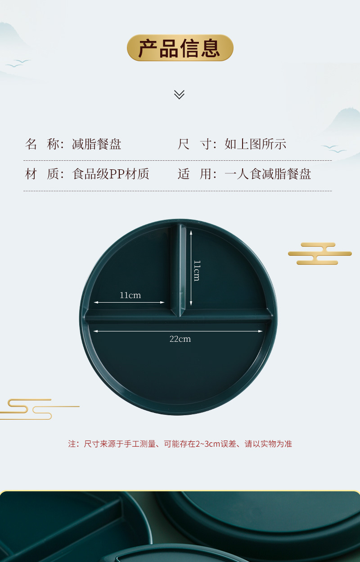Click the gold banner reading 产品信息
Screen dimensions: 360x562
pos(180,48)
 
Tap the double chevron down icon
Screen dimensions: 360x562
pos(179,95)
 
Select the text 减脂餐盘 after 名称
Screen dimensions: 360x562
pos(97,144)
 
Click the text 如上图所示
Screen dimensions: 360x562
pos(255,144)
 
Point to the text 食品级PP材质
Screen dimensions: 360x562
pos(111,174)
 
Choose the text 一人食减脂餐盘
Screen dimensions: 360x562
pos(268,174)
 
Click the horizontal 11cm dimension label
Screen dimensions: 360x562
pos(130,295)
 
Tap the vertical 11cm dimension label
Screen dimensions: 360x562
pos(197,270)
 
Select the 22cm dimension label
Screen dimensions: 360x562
pos(180,339)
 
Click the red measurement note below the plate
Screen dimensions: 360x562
pos(180,444)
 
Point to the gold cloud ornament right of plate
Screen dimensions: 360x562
pos(320,254)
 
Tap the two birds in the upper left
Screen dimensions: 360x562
pos(18,63)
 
